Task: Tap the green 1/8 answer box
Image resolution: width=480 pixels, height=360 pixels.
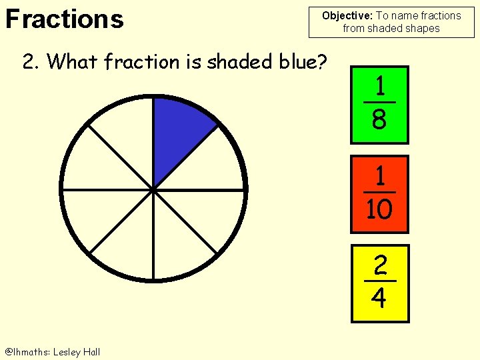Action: coord(379,104)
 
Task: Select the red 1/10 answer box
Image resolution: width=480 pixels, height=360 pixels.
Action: coord(379,194)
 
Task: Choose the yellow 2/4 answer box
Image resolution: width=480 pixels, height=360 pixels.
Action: coord(379,283)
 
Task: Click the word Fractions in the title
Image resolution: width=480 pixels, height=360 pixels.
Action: coord(64,19)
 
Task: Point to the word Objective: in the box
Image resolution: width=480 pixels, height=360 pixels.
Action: coord(347,15)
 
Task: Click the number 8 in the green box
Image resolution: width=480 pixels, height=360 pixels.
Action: coord(379,120)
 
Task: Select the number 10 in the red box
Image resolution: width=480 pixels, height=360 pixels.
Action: coord(379,210)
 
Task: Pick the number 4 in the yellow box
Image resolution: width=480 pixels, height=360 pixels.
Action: coord(379,298)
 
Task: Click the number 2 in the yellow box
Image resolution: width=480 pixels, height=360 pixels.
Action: coord(379,267)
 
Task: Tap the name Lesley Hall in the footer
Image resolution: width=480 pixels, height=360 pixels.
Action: coord(77,351)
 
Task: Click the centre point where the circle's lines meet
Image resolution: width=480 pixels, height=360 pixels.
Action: coord(153,190)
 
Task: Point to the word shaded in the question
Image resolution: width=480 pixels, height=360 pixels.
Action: coord(237,62)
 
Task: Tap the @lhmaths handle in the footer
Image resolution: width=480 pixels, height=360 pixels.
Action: coord(27,351)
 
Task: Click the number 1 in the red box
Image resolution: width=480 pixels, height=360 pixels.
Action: coord(380,177)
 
